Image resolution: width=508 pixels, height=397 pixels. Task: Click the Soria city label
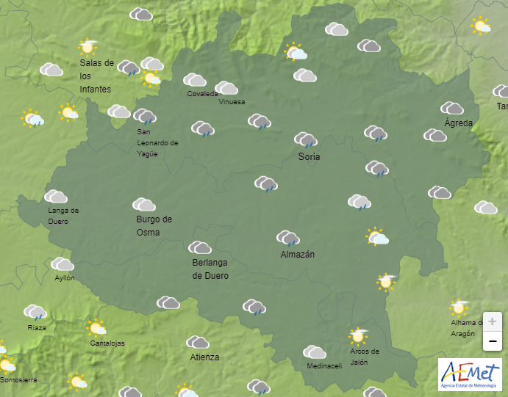tap(309, 156)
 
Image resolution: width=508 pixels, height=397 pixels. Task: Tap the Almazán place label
tap(298, 255)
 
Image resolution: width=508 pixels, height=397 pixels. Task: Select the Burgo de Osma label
tap(154, 225)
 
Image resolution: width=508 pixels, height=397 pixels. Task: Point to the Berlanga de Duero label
tap(210, 269)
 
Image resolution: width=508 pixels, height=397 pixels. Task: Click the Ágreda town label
tap(458, 123)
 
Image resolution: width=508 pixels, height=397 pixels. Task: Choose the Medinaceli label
tap(324, 366)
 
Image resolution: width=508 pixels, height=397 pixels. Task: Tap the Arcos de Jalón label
tap(365, 356)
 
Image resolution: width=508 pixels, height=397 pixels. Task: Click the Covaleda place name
tap(202, 94)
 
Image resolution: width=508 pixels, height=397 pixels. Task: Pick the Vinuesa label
tap(232, 102)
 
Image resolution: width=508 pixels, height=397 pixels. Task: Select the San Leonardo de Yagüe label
tap(157, 143)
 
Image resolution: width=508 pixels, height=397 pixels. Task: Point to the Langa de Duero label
tap(63, 216)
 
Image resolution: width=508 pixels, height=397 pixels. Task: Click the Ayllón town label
tap(65, 278)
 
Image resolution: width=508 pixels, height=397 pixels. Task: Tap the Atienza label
tap(204, 357)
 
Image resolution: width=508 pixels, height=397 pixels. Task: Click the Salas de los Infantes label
tap(96, 76)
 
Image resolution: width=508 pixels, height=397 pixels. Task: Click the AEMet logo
tap(470, 374)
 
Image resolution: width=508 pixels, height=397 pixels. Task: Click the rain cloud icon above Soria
tap(306, 139)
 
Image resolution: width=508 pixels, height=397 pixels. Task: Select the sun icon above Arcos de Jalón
tap(359, 336)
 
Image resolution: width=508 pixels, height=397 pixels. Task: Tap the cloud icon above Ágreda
tap(452, 109)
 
